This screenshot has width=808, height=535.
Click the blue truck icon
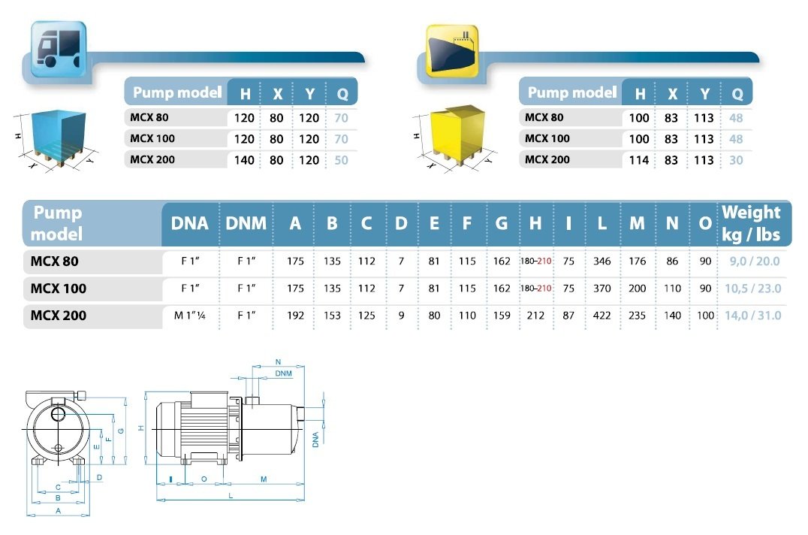[x=59, y=49]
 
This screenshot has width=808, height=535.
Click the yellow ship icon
[x=452, y=50]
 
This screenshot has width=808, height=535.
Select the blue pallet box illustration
[x=58, y=138]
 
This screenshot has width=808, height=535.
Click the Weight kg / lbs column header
[x=751, y=223]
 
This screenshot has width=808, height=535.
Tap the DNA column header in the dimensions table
[x=190, y=223]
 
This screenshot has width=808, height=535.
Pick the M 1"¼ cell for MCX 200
[x=190, y=316]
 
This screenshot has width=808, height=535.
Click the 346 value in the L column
[x=602, y=261]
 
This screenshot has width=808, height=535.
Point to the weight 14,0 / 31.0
[x=753, y=316]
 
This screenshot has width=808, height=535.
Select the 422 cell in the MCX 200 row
[x=602, y=316]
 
